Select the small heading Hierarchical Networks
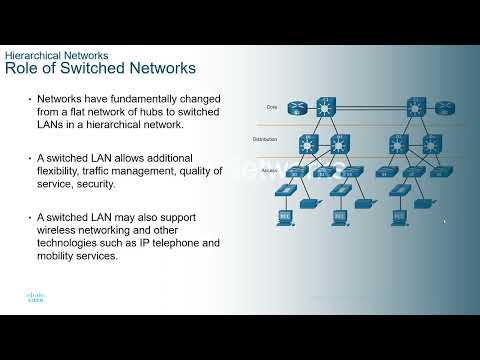pos(57,54)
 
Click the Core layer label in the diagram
pos(272,106)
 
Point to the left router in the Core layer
pos(297,107)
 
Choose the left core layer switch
pos(326,106)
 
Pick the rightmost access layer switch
pos(442,171)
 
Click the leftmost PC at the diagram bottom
pos(284,214)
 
